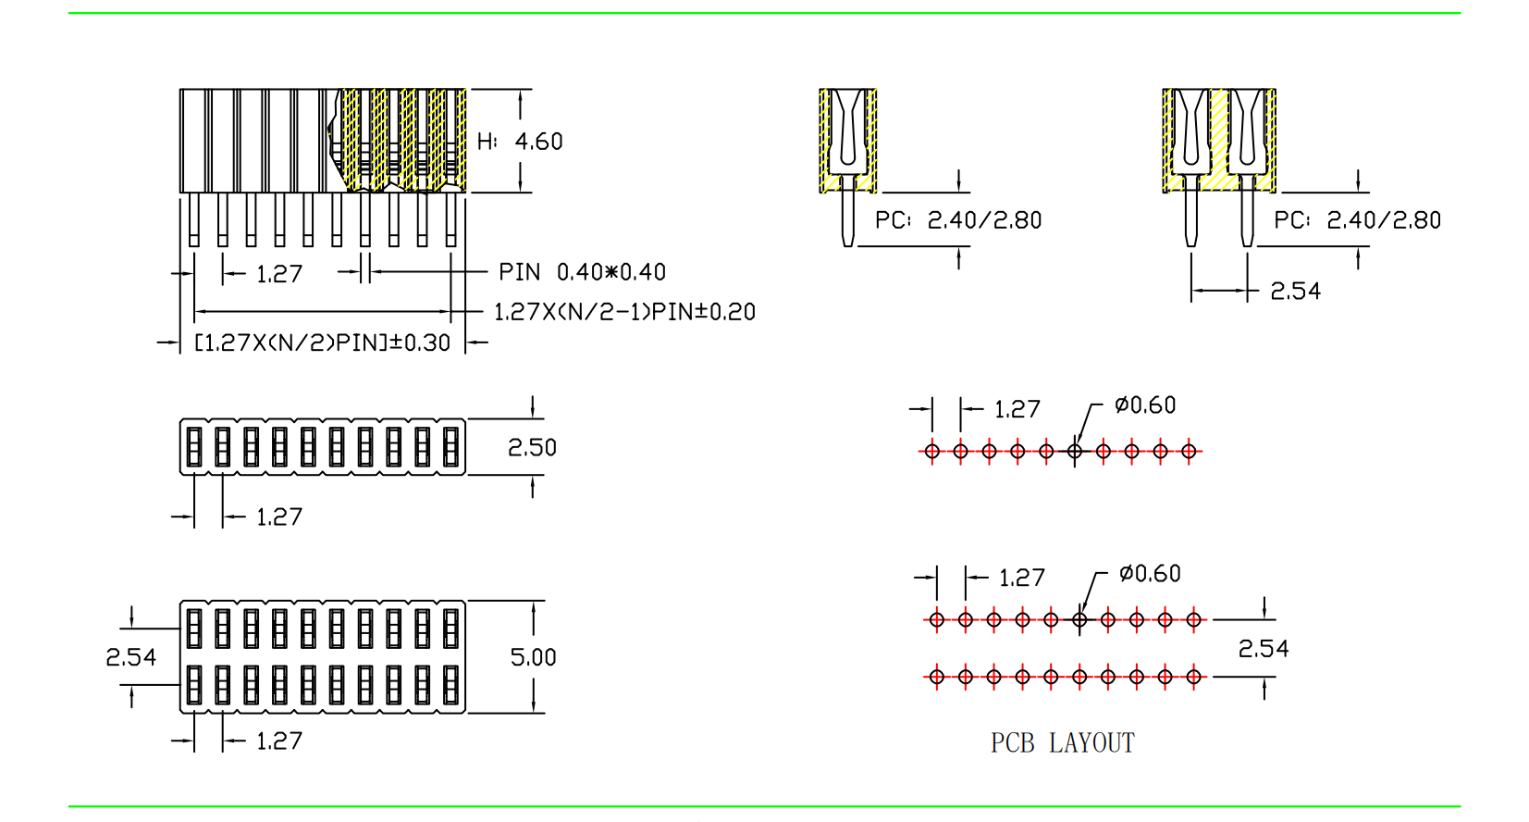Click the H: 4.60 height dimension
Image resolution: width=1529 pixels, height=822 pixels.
(521, 142)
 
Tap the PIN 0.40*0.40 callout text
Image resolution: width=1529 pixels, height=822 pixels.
(582, 272)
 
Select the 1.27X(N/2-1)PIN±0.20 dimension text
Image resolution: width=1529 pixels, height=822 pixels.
(624, 312)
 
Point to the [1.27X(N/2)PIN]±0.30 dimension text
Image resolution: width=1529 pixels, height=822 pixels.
(322, 342)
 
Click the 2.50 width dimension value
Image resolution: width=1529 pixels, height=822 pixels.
(532, 448)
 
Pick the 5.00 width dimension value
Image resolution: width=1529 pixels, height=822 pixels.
(533, 657)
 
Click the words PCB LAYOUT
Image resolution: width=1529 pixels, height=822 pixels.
(1062, 743)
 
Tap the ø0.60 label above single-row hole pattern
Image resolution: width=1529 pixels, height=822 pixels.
(1145, 405)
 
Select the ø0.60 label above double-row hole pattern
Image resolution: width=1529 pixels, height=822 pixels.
(1150, 574)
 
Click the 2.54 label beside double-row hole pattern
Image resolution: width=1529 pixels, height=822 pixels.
(1263, 649)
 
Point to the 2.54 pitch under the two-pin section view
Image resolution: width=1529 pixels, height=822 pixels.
(1295, 292)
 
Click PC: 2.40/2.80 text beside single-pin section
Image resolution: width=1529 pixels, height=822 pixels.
(958, 220)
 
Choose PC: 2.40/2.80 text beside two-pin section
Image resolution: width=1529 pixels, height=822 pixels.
(1357, 220)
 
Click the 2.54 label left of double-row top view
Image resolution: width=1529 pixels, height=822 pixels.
(130, 657)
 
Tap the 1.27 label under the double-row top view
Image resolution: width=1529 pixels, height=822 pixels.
(278, 741)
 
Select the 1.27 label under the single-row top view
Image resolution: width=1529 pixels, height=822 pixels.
(278, 517)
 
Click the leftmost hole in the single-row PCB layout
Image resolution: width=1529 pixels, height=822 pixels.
(932, 452)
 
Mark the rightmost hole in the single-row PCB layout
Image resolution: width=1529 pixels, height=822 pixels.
(1190, 452)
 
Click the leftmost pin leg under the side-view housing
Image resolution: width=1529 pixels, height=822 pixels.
(194, 219)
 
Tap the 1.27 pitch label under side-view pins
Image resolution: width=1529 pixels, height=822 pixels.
(278, 274)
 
